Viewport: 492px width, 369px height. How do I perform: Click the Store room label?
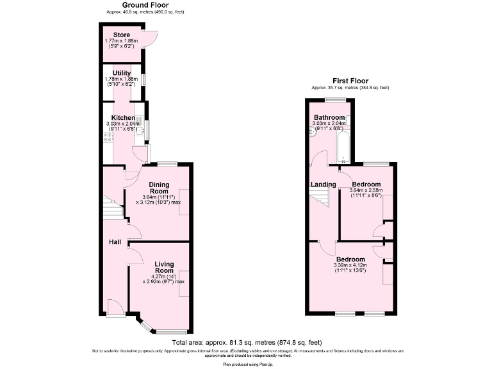tap(122, 35)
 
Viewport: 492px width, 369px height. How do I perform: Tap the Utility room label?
tap(122, 73)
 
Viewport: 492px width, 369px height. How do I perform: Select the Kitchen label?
tap(122, 118)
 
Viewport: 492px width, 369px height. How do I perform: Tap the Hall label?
tap(115, 242)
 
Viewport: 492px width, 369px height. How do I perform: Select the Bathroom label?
tap(329, 118)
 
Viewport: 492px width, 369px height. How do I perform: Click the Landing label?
tap(323, 184)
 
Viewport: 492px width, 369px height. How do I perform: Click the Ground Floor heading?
tap(133, 5)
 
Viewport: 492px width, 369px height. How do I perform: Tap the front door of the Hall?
tap(115, 309)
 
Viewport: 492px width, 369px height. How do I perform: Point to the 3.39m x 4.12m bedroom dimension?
tap(350, 266)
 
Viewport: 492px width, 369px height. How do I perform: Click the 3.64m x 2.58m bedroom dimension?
tap(366, 190)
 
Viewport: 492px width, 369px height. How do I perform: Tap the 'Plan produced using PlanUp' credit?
tap(245, 364)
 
